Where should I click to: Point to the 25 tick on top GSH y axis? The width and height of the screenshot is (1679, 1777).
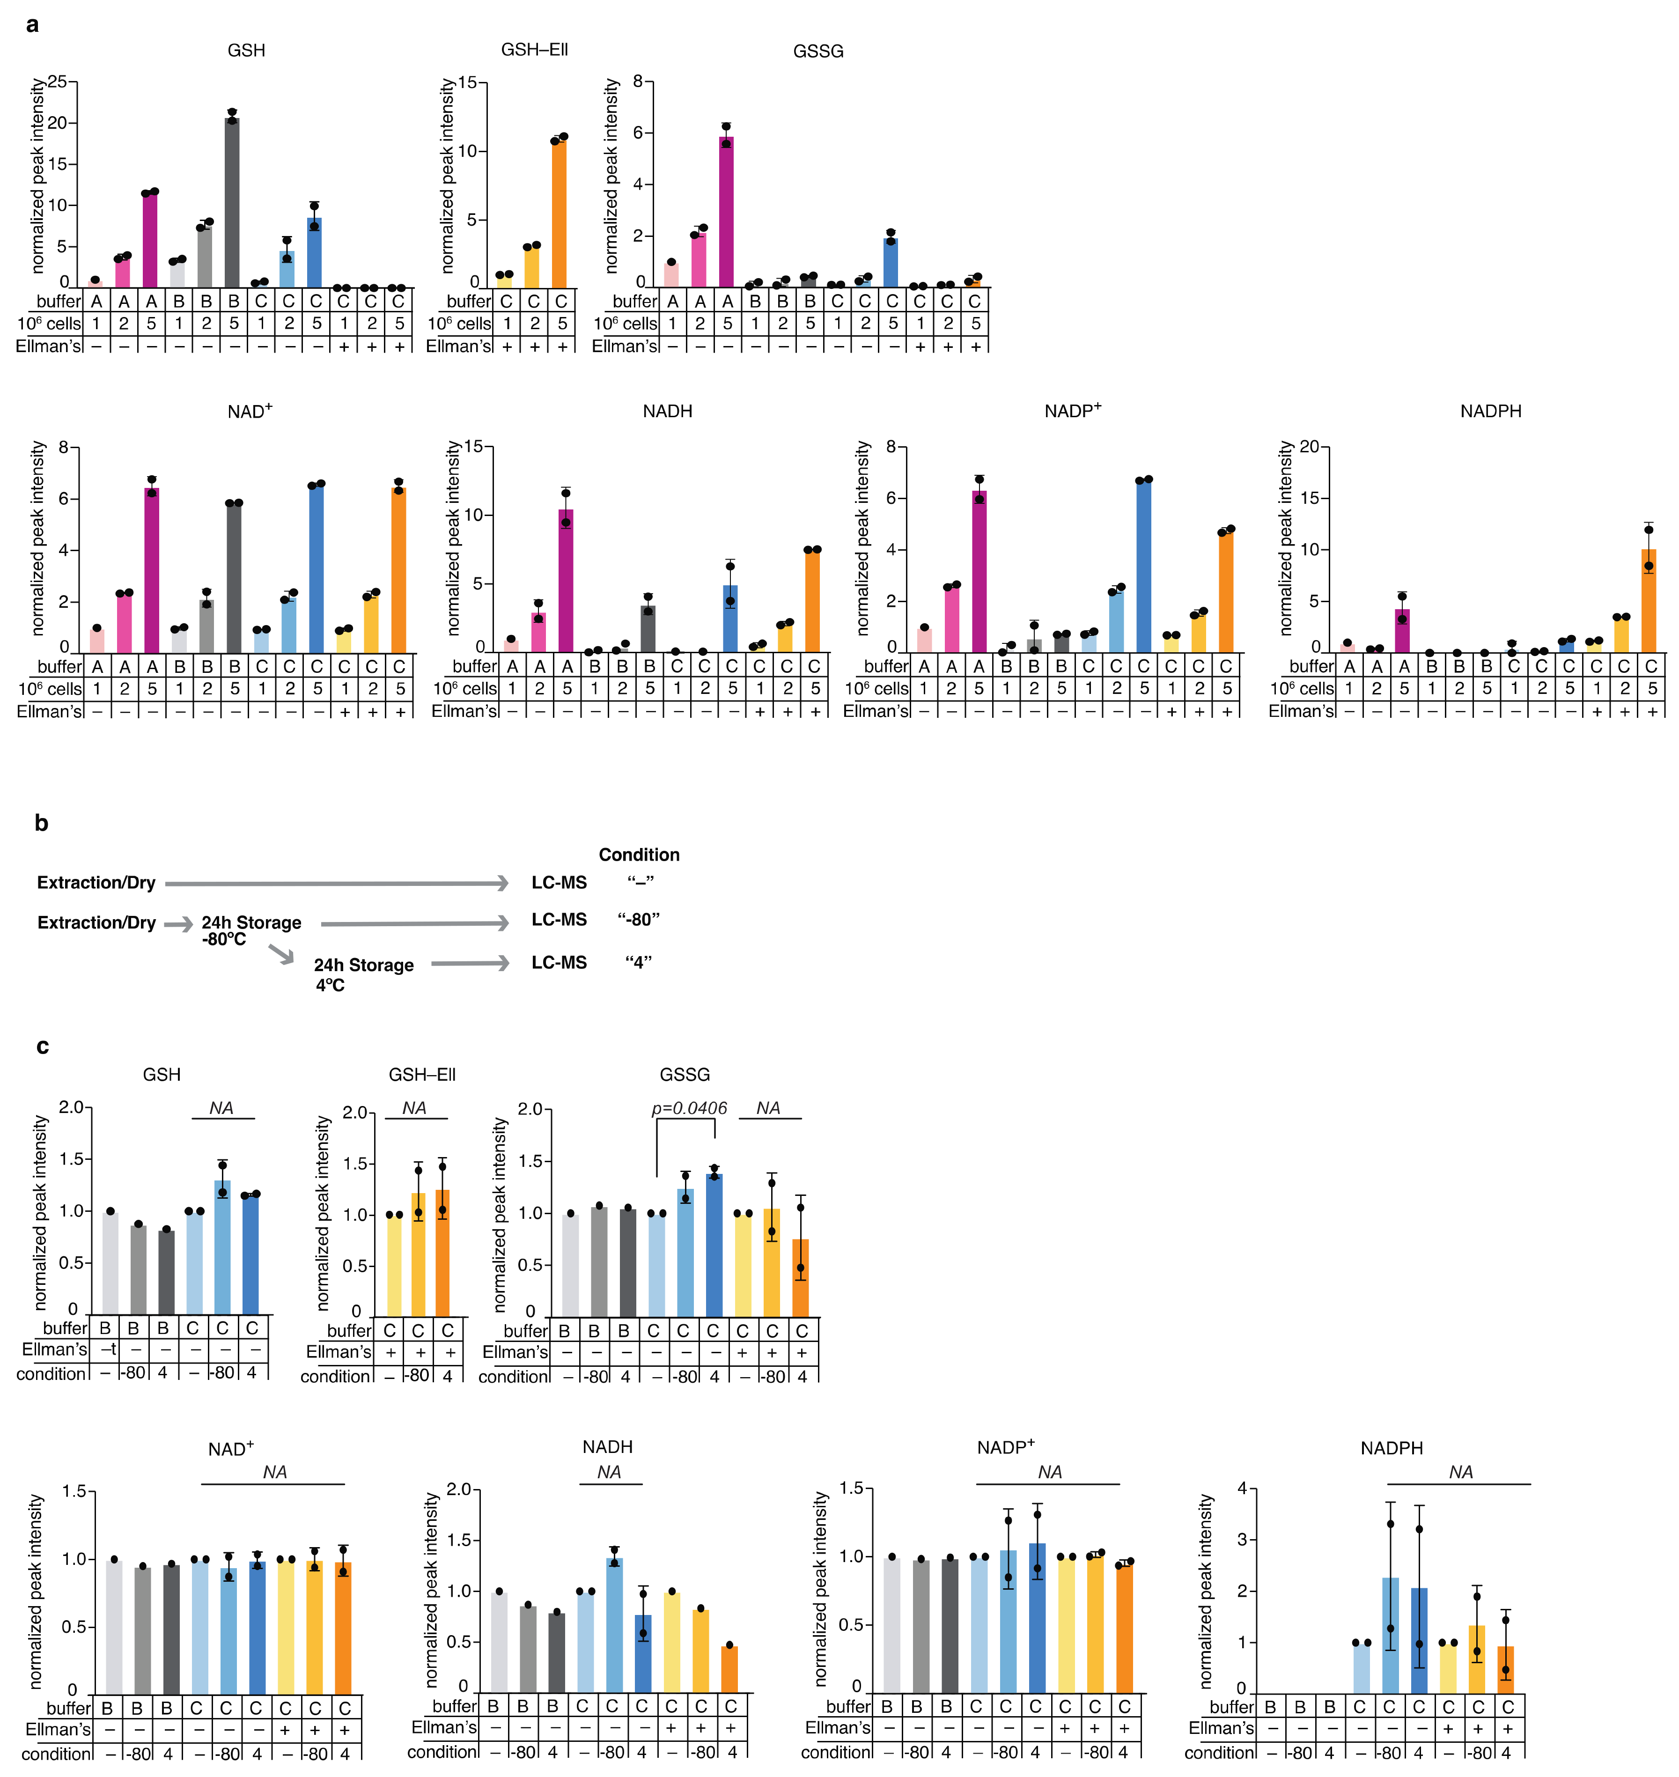pyautogui.click(x=57, y=81)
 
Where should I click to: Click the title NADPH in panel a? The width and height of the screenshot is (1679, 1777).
pyautogui.click(x=1490, y=412)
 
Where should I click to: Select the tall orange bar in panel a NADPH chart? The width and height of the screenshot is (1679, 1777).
pyautogui.click(x=1649, y=600)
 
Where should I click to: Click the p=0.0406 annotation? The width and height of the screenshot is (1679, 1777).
pyautogui.click(x=689, y=1108)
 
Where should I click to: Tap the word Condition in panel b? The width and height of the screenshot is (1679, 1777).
pyautogui.click(x=639, y=855)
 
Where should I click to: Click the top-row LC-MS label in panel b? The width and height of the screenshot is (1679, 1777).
pyautogui.click(x=560, y=883)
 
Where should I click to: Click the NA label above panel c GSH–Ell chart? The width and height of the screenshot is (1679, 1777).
pyautogui.click(x=414, y=1108)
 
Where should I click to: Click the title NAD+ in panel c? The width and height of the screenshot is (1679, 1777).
pyautogui.click(x=231, y=1448)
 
